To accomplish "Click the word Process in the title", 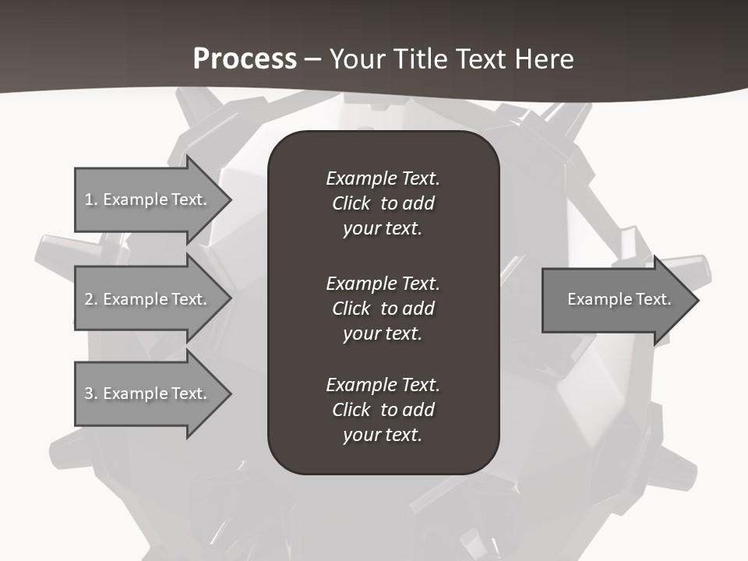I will tap(245, 59).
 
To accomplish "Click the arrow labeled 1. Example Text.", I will tap(148, 199).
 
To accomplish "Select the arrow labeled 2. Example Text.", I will tap(148, 299).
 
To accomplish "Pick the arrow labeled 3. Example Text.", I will tap(148, 393).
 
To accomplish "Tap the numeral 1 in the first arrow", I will tap(89, 199).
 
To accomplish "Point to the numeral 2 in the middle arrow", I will tap(89, 299).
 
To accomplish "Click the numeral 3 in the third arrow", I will tap(89, 393).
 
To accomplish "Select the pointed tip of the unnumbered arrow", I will tap(696, 300).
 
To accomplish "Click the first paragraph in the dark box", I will tap(383, 203).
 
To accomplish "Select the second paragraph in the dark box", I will tap(383, 309).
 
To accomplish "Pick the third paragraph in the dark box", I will tap(383, 410).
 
